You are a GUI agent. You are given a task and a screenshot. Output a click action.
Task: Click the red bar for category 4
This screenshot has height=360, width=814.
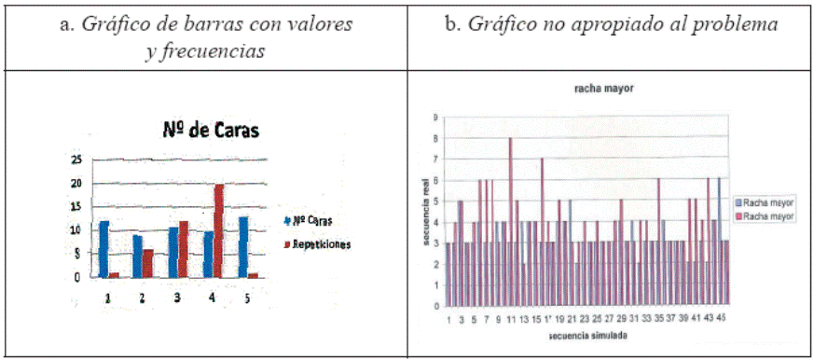pos(219,230)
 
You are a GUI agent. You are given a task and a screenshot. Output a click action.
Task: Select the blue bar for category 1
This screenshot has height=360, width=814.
pos(104,249)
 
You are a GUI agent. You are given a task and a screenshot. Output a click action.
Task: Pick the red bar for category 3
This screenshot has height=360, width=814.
pos(184,249)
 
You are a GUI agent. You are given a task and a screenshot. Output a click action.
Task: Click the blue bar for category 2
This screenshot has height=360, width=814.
pos(138,256)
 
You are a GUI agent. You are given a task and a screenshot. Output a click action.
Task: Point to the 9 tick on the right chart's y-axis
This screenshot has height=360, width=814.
pos(435,118)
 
